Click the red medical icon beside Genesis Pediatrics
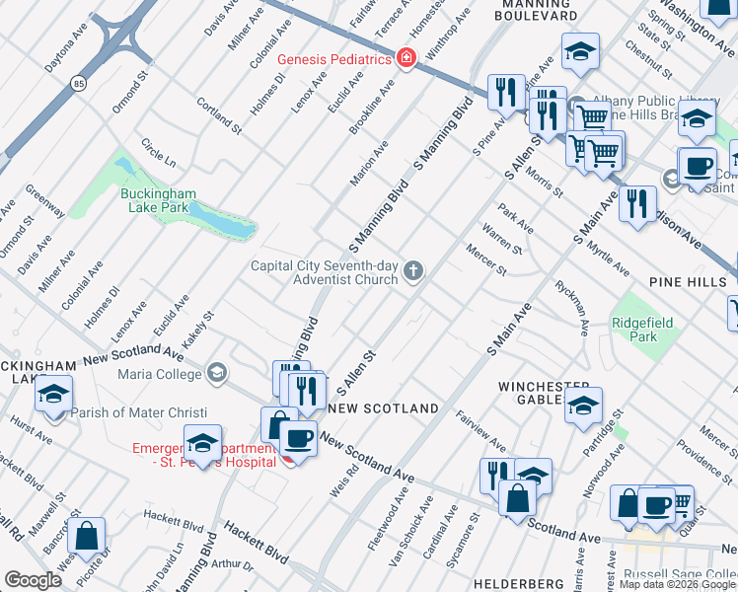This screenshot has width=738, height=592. click(405, 59)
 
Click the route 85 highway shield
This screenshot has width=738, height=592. click(78, 84)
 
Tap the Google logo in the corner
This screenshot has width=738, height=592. click(34, 579)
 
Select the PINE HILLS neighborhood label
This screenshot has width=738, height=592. click(687, 282)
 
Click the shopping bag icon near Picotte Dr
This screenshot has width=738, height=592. click(88, 537)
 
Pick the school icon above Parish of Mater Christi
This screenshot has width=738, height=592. click(53, 397)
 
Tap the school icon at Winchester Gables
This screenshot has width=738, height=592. click(583, 405)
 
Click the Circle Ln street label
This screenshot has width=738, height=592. click(158, 153)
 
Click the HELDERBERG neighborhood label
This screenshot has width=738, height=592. click(518, 584)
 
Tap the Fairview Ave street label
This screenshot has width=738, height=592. click(480, 431)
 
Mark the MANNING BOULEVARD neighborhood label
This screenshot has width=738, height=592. click(536, 10)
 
